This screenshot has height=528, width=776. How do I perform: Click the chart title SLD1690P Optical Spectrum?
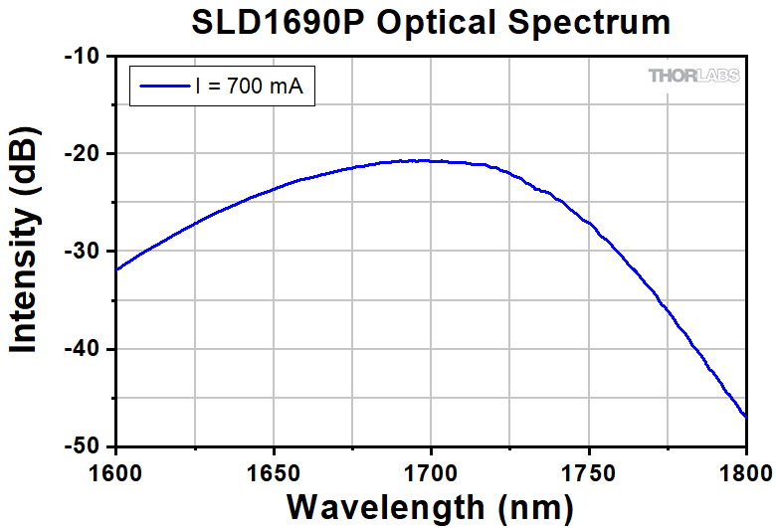coord(431,23)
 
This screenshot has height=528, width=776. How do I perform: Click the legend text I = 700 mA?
coord(254,88)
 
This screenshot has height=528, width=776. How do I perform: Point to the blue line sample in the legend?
coord(163,88)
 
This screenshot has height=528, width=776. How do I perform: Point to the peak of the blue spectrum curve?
coord(426,160)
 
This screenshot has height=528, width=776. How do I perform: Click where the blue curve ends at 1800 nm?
coord(745,417)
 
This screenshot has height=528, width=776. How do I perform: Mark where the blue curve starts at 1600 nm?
coord(117,269)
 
